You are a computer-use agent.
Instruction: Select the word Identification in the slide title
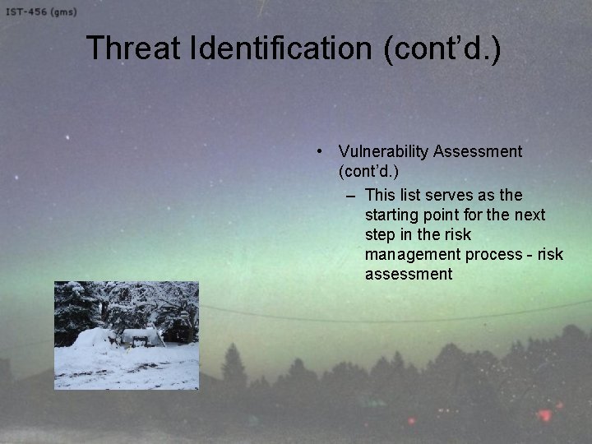[x=281, y=48]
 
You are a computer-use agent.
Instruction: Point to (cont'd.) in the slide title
[x=442, y=48]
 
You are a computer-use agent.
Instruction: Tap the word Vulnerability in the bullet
[x=383, y=152]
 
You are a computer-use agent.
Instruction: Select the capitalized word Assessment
[x=478, y=152]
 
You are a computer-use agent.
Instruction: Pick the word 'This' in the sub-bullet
[x=380, y=195]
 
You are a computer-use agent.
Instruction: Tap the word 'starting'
[x=392, y=215]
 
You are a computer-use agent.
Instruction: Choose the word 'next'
[x=529, y=215]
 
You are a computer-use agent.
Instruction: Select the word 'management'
[x=409, y=254]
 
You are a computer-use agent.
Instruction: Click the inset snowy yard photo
[x=127, y=335]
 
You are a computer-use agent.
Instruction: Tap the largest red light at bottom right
[x=543, y=414]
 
